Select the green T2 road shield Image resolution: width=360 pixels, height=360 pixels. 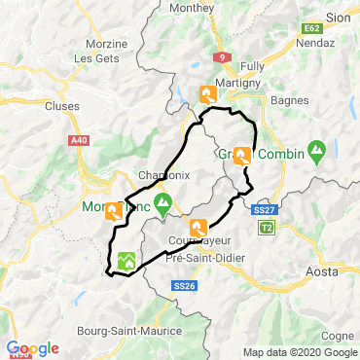point(267,227)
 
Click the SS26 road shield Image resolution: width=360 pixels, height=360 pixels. point(184,285)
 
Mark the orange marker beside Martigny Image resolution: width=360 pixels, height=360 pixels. point(207,93)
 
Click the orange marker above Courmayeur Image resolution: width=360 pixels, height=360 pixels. point(198,227)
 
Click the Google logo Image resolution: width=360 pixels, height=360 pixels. point(32,348)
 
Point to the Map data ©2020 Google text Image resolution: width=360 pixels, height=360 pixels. point(299,352)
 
